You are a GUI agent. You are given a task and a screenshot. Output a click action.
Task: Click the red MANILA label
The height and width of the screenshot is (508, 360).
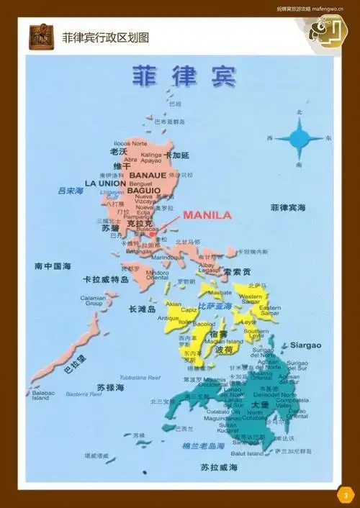coord(207,214)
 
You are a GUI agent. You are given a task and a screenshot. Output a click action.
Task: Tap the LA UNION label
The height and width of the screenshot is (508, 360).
coord(105,183)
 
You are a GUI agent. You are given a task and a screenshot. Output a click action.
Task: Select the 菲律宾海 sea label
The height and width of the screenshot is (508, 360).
coord(288,207)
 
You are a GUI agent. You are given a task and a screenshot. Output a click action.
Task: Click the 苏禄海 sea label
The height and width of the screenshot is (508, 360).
coord(111,387)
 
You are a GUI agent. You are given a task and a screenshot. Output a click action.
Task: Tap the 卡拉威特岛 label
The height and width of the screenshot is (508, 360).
coord(106,279)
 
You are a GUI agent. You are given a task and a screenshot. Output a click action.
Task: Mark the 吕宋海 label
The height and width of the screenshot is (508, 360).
coord(71,191)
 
